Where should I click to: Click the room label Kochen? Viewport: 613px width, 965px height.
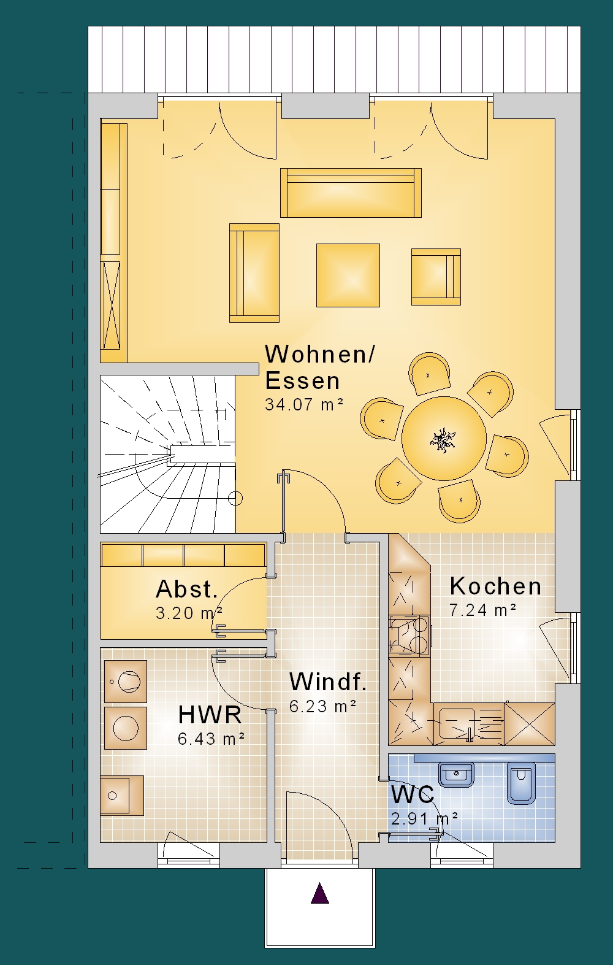click(495, 586)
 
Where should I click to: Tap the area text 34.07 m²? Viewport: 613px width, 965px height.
click(304, 404)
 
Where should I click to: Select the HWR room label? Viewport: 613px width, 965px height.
click(210, 715)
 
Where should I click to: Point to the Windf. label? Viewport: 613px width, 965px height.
click(327, 682)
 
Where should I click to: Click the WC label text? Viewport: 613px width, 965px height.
click(413, 795)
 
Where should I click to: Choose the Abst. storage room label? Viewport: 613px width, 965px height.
click(187, 589)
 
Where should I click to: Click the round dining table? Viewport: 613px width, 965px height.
click(444, 439)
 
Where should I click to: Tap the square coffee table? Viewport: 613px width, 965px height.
click(348, 275)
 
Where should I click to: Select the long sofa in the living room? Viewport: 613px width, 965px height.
click(351, 193)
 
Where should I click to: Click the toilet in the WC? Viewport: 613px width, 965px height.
click(521, 783)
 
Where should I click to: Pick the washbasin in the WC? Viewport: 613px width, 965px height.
click(456, 774)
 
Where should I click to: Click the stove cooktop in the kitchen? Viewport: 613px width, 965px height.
click(409, 636)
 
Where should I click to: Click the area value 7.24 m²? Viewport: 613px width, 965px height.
click(483, 610)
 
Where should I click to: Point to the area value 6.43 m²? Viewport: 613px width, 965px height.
click(211, 739)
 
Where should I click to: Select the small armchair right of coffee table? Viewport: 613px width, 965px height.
click(436, 277)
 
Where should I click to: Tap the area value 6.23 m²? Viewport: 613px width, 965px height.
click(322, 706)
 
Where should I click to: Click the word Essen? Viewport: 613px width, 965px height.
click(302, 380)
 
